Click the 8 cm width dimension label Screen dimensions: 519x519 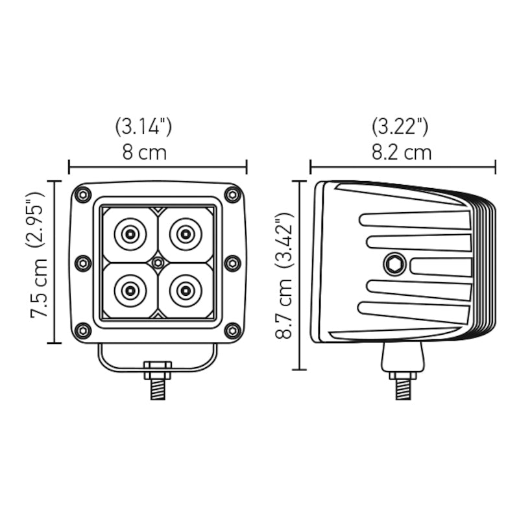point(144,152)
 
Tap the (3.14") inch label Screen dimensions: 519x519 point(143,126)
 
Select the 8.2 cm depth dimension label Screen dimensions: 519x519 point(402,152)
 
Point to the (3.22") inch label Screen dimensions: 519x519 point(400,126)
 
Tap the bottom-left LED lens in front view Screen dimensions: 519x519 point(130,291)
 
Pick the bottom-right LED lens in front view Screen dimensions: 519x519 point(186,291)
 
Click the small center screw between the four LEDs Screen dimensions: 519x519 point(158,262)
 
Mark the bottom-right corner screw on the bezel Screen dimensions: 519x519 point(232,330)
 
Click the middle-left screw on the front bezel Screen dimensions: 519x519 point(83,263)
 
